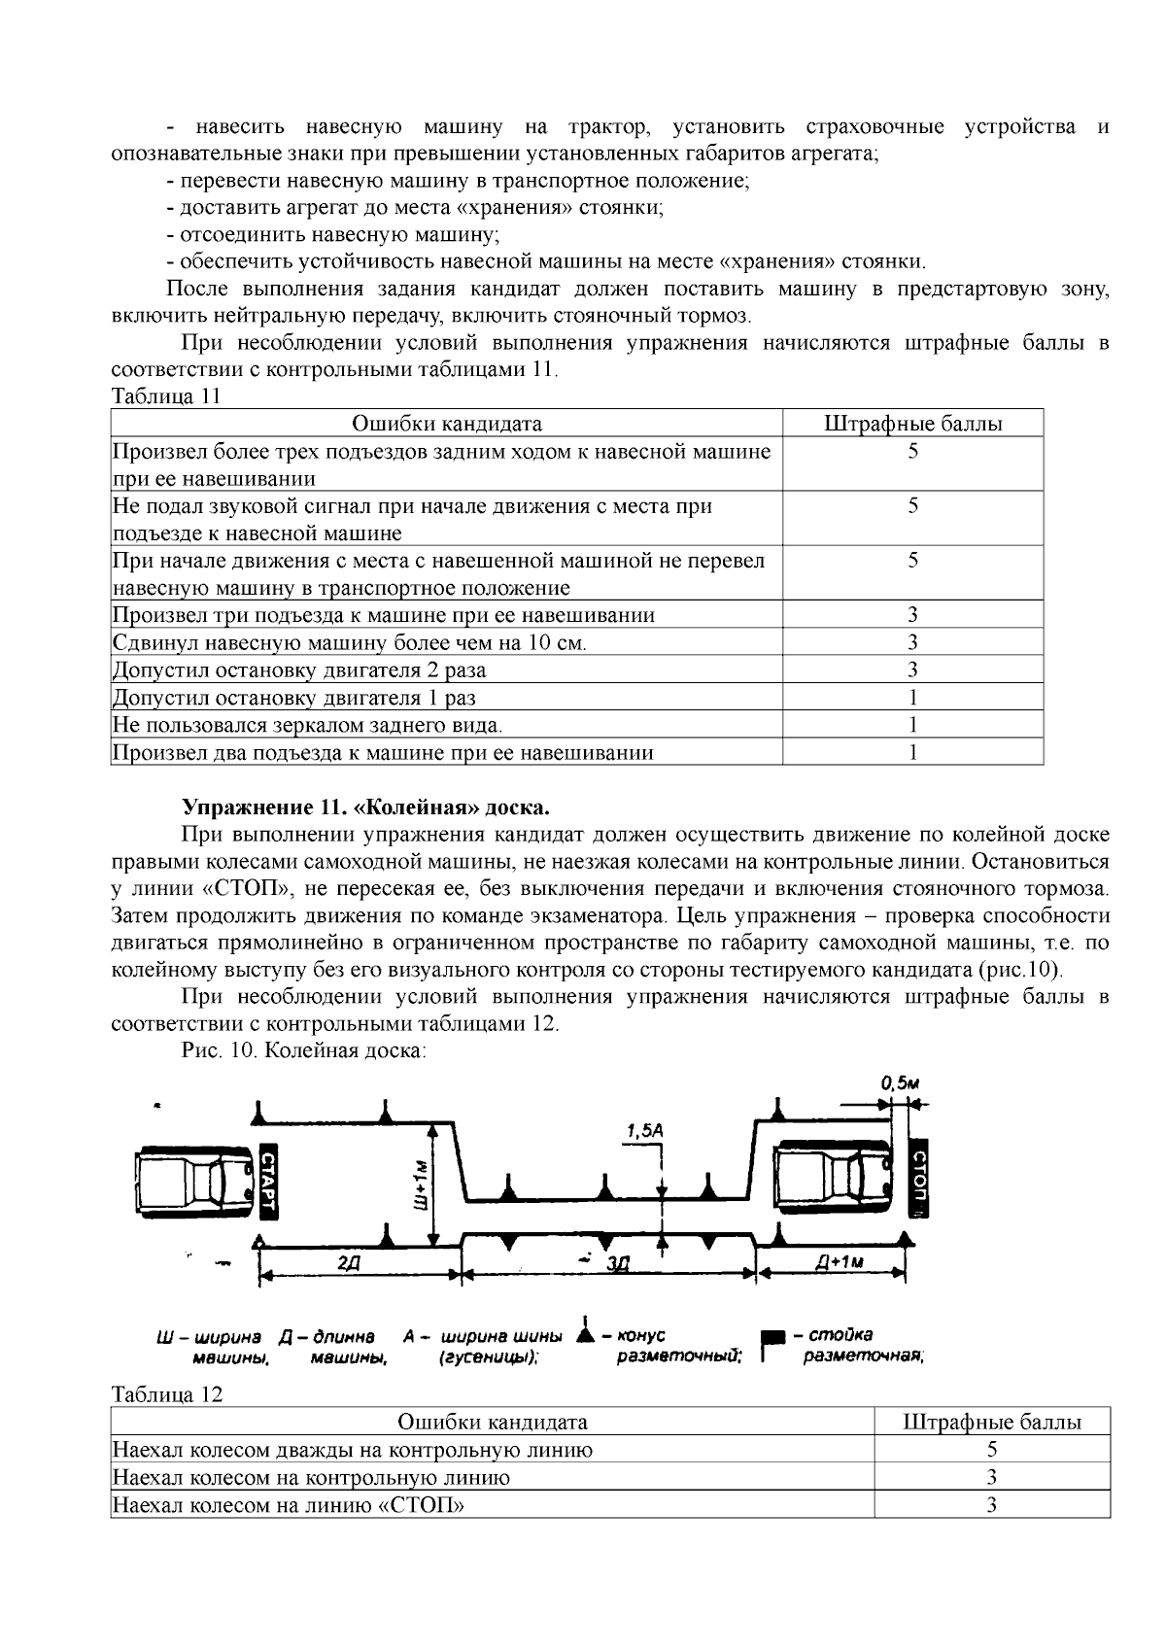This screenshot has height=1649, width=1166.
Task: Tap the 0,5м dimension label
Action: [900, 1082]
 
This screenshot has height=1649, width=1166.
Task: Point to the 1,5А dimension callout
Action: [644, 1131]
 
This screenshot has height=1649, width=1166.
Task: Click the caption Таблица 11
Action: [166, 396]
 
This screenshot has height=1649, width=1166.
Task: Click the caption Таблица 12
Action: [167, 1394]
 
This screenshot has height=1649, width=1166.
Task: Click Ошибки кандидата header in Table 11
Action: [446, 424]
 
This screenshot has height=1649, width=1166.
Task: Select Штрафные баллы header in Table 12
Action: [991, 1423]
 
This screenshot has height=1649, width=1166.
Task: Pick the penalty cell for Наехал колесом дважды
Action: [991, 1450]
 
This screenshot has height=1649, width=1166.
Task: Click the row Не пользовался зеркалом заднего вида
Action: [307, 725]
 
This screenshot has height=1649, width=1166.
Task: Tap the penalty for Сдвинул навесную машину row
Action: [912, 642]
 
